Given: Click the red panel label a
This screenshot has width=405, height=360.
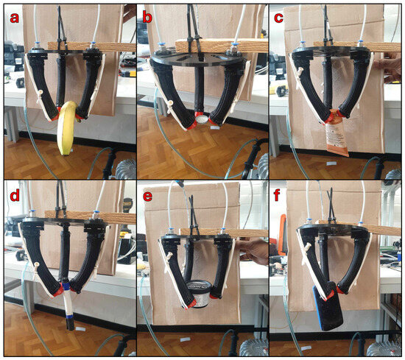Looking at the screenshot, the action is pyautogui.click(x=15, y=18).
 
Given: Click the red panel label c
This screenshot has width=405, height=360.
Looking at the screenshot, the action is pyautogui.click(x=279, y=18).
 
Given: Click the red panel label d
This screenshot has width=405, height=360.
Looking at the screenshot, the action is pyautogui.click(x=15, y=195).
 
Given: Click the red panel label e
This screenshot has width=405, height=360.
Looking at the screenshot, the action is pyautogui.click(x=147, y=197).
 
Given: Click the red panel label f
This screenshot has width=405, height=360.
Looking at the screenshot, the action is pyautogui.click(x=277, y=195).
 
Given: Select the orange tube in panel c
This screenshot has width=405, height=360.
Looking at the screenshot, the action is pyautogui.click(x=337, y=134).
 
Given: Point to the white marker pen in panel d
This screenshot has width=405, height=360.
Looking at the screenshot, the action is pyautogui.click(x=68, y=305).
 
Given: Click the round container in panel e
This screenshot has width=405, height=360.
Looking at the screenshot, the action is pyautogui.click(x=198, y=294).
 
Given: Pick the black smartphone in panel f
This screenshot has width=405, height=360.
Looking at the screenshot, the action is pyautogui.click(x=328, y=306).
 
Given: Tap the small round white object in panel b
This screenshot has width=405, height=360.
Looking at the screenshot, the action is pyautogui.click(x=202, y=119).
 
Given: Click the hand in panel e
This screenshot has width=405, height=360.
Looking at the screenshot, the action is pyautogui.click(x=253, y=251).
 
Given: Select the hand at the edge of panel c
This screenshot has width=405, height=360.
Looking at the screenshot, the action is pyautogui.click(x=389, y=67).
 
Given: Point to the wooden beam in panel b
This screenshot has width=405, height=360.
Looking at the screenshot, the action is pyautogui.click(x=222, y=46).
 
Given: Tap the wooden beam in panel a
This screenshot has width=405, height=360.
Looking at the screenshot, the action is pyautogui.click(x=92, y=46).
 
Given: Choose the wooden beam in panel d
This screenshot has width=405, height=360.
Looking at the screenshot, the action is pyautogui.click(x=91, y=217).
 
